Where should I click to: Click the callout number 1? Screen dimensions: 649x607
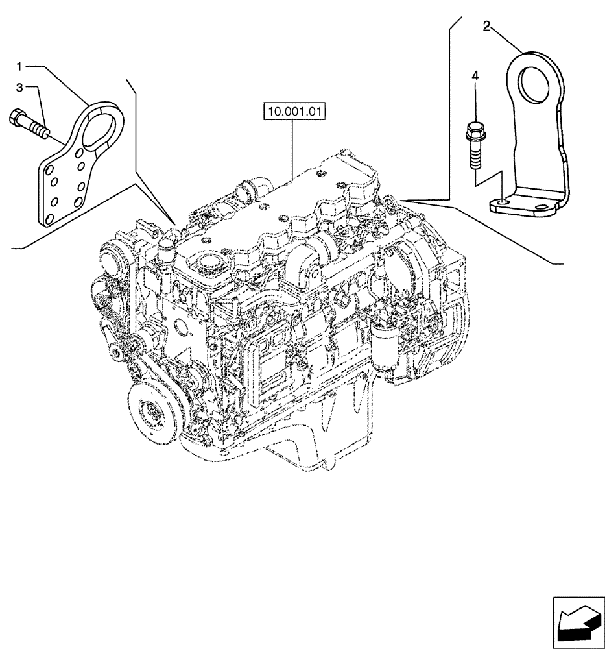(19, 66)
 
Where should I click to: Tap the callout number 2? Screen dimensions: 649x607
(486, 26)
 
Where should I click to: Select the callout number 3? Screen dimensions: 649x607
(19, 87)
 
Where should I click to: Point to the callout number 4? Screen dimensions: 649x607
(475, 77)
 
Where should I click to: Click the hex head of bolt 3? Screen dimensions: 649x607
(18, 119)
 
